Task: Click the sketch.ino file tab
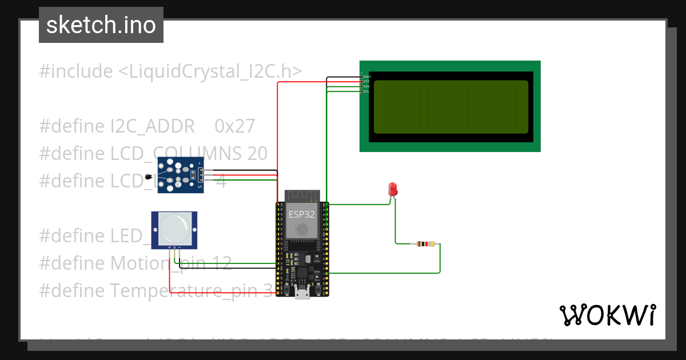[101, 25]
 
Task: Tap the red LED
[393, 190]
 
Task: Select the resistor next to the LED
[423, 244]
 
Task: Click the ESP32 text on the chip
[301, 214]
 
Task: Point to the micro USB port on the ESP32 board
[302, 294]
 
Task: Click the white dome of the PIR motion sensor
[174, 227]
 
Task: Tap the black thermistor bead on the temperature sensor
[149, 177]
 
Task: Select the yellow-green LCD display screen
[450, 107]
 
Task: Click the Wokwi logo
[607, 315]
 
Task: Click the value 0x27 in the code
[234, 126]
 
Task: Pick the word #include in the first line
[75, 71]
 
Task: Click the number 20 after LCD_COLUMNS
[257, 153]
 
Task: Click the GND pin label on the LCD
[367, 77]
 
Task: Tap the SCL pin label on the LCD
[367, 91]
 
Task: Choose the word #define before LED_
[73, 235]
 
